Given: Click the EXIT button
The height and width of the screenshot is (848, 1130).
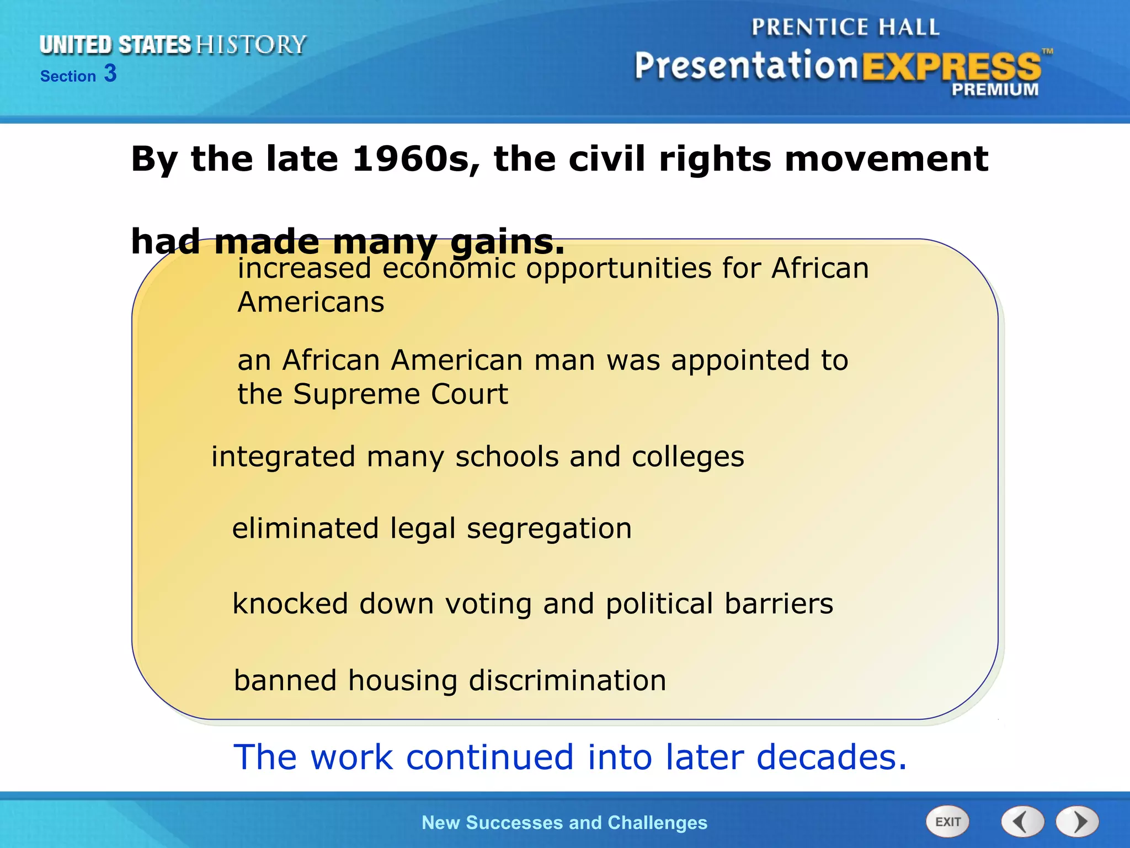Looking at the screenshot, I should [947, 822].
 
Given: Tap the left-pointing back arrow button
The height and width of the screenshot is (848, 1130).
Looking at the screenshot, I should [1022, 822].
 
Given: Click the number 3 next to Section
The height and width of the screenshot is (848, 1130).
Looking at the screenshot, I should [110, 73].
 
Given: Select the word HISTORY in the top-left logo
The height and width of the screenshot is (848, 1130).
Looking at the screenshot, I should [251, 45].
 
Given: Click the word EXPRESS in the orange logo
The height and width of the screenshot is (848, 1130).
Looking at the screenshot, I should [951, 67].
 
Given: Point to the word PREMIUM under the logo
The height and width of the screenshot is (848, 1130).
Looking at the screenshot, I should [995, 89].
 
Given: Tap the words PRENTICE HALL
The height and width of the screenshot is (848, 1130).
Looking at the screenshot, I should [845, 27].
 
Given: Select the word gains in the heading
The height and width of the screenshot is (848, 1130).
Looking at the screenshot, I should [508, 242].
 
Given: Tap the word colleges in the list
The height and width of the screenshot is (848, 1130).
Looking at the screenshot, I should [687, 457].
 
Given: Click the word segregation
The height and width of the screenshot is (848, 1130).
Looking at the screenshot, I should [549, 528].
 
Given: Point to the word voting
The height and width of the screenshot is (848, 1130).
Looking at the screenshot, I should [488, 604].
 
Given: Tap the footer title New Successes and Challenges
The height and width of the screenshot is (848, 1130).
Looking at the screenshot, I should [564, 823].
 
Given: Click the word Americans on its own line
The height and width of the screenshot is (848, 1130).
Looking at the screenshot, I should [311, 303].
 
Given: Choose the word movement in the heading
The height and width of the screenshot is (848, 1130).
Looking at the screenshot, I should [887, 159].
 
